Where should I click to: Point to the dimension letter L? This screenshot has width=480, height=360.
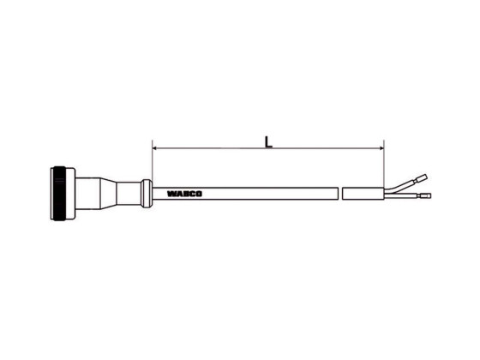tap(268, 141)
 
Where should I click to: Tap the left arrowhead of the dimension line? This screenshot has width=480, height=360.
tap(155, 148)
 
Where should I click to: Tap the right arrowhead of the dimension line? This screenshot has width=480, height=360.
tap(380, 148)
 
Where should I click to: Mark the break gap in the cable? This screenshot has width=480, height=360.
tap(340, 194)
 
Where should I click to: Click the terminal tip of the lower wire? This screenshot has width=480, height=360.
tap(426, 196)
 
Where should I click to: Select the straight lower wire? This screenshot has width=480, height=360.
tap(403, 196)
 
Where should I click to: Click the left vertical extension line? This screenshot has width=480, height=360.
tap(152, 163)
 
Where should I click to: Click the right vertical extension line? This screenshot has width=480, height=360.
tap(384, 163)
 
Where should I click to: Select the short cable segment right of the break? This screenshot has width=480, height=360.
tap(363, 194)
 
